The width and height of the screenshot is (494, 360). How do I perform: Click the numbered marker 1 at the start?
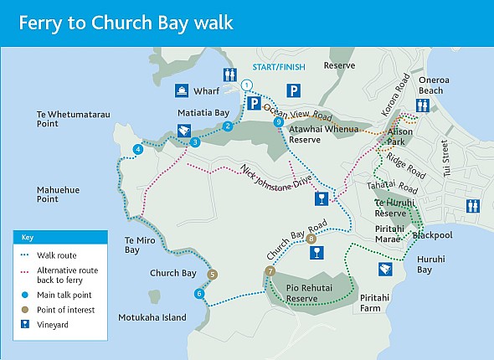tap(246, 85)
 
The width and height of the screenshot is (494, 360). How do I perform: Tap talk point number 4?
tap(137, 149)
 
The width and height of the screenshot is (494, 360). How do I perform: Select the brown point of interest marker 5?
tap(212, 274)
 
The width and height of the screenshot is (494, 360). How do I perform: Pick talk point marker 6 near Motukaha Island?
tap(199, 293)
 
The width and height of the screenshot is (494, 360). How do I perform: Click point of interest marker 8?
tap(311, 239)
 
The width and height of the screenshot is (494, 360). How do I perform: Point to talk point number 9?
tap(279, 123)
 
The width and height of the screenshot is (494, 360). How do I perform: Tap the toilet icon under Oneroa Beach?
tap(424, 105)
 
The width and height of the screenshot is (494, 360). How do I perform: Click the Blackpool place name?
tap(433, 235)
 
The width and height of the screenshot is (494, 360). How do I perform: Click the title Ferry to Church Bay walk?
tap(126, 23)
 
